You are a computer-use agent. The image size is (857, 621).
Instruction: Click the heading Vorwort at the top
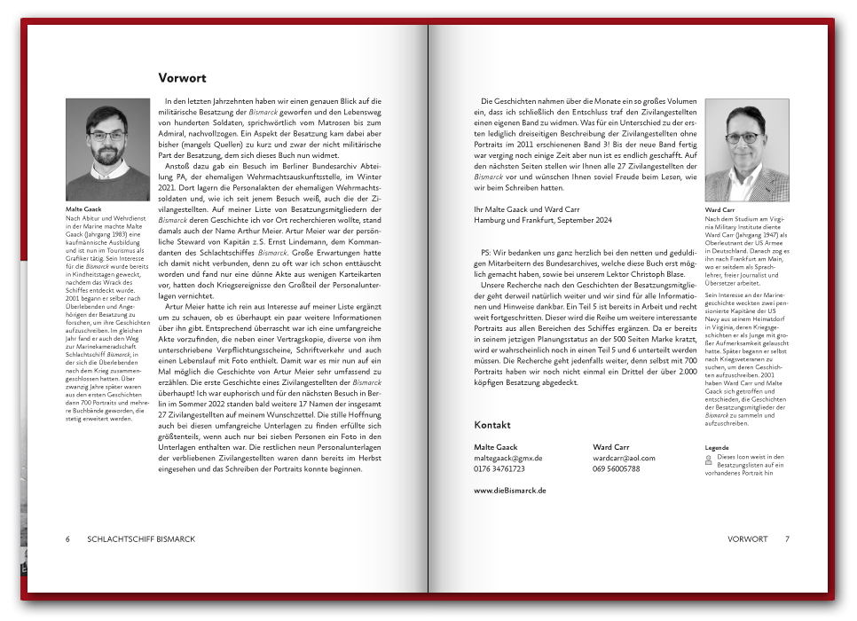[182, 78]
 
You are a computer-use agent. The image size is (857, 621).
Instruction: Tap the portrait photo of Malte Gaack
[107, 149]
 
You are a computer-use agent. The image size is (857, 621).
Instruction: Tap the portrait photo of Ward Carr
[746, 149]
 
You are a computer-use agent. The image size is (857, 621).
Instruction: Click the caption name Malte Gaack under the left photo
[84, 209]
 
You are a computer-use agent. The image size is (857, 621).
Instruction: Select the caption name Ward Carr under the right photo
[719, 210]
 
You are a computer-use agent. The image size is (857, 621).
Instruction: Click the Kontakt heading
[492, 424]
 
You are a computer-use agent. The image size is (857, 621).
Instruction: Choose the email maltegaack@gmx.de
[508, 458]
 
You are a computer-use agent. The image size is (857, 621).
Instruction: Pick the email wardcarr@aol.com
[624, 458]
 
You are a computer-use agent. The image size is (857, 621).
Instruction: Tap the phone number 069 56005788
[616, 468]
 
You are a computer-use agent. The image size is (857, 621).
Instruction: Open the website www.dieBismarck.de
[510, 490]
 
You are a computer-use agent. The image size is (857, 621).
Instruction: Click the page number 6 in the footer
[67, 538]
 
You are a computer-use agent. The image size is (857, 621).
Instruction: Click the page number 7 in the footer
[787, 538]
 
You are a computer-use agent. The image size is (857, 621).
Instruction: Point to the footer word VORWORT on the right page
[747, 538]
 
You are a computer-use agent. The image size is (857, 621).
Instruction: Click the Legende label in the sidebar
[716, 448]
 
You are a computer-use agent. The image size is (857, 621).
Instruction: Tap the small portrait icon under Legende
[709, 460]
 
